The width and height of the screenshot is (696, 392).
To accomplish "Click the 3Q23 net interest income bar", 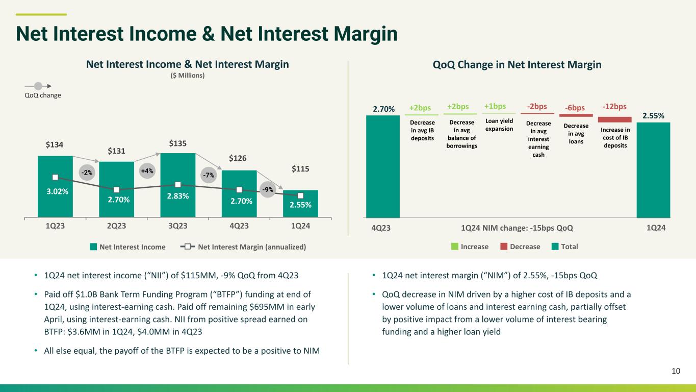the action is click(178, 185).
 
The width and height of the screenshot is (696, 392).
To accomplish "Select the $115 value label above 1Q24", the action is click(300, 169).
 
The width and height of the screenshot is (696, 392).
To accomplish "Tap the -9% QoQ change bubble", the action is click(268, 189).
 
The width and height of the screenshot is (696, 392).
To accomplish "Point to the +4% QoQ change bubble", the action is click(147, 171).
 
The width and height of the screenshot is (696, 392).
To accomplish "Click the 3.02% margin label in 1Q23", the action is click(58, 191).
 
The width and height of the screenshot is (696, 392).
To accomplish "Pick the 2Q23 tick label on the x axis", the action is click(117, 226).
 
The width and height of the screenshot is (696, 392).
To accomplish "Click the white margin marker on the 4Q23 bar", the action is click(239, 190).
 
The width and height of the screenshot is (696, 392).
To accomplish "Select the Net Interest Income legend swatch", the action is click(93, 247).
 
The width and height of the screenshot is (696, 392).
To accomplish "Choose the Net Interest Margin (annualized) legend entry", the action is click(243, 247).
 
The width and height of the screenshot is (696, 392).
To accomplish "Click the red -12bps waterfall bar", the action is click(614, 119).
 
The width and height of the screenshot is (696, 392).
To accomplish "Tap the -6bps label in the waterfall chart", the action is click(575, 108).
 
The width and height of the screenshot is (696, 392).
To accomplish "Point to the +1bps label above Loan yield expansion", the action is click(495, 106).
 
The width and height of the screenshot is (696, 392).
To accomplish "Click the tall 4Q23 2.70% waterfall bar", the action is click(383, 166).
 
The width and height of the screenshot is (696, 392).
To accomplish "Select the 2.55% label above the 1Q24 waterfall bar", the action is click(653, 116).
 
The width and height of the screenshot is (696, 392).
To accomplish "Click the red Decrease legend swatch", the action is click(504, 247).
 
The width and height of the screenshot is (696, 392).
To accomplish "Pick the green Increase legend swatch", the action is click(455, 247).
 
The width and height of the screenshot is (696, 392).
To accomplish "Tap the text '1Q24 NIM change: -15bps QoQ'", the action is click(517, 228).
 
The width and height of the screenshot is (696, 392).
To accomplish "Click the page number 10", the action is click(676, 371).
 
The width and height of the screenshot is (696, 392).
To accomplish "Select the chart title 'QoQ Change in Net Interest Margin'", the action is click(517, 65).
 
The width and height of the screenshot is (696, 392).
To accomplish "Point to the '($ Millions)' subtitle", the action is click(188, 76).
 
